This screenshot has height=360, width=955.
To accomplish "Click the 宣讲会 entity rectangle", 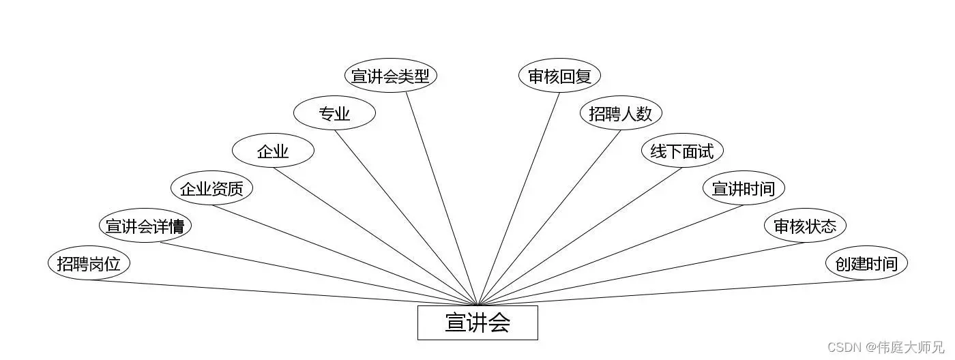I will point(477,322).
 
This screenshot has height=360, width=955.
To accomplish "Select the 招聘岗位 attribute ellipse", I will point(89,264).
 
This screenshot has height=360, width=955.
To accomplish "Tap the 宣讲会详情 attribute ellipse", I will point(145,226).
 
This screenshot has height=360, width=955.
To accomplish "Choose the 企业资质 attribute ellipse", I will point(211,188).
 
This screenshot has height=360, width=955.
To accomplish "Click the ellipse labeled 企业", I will point(273,151).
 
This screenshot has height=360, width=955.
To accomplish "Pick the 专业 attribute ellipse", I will point(334,114).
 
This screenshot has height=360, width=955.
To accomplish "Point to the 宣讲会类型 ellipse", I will point(390,76).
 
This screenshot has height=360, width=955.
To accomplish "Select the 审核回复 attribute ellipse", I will point(559,76).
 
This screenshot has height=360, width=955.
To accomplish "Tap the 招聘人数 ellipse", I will point(621,114).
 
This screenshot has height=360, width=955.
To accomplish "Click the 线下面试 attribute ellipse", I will point(682,151).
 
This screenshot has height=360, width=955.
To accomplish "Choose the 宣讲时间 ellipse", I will point(744,188).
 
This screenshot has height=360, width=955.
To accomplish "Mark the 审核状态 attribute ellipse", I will point(805,226).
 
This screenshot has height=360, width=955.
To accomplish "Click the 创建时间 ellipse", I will point(866,264).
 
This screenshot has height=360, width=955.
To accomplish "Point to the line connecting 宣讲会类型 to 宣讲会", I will point(442,198).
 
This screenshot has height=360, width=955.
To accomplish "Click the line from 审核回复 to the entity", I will point(518,198).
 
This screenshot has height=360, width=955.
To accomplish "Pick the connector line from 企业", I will point(375,236).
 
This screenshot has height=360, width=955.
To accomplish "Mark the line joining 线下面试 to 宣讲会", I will point(580,236).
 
